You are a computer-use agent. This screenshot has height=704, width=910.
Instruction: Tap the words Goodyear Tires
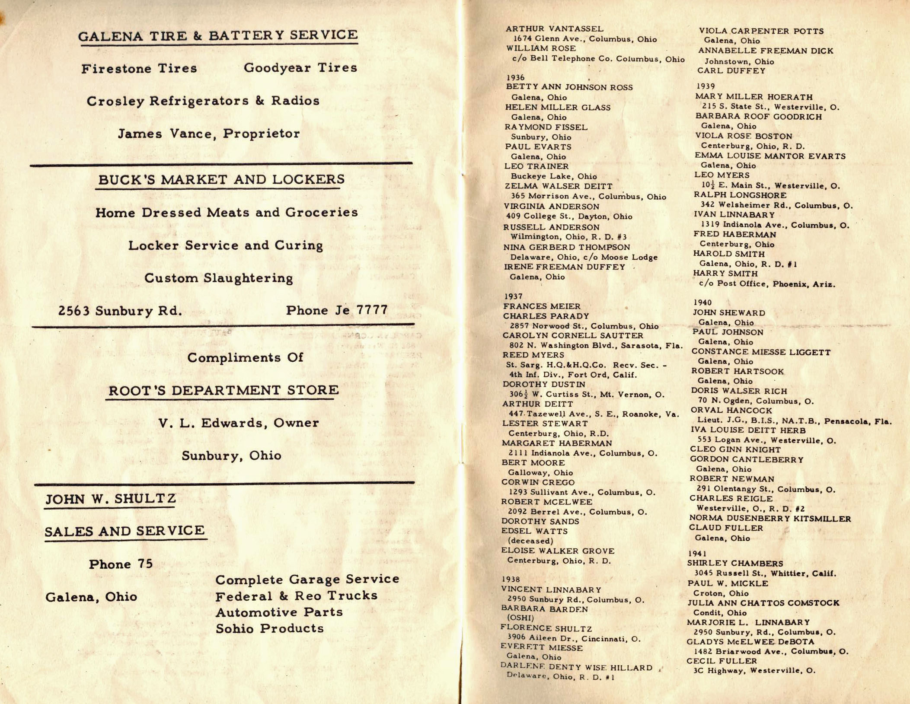point(300,68)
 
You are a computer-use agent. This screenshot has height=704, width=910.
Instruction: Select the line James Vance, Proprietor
point(209,134)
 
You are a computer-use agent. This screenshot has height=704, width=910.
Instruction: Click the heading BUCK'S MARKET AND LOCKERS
point(221,180)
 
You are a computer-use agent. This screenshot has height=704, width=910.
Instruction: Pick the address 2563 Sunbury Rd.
point(120,311)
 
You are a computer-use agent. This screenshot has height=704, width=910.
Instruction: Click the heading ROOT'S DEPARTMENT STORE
point(223,391)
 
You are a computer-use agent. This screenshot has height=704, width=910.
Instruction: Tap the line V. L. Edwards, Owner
point(239,423)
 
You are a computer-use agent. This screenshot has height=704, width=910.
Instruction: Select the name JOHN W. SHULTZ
point(111,500)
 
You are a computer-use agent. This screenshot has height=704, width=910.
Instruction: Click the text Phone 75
point(121,564)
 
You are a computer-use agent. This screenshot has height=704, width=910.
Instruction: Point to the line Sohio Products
point(269,629)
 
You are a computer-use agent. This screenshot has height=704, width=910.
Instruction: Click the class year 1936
point(515,78)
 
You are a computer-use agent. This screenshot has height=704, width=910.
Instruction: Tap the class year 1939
point(706,86)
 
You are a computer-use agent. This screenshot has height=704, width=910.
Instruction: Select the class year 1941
point(697,554)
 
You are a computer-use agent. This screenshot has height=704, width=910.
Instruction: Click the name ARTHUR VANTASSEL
point(554,29)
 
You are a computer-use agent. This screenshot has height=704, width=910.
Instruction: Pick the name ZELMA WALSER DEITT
point(558,186)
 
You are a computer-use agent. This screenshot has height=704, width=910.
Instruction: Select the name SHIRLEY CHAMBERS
point(735,564)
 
